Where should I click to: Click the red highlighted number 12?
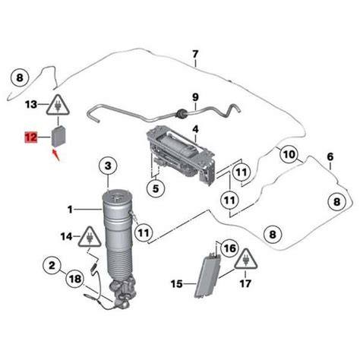[x=31, y=138]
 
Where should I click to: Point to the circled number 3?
[x=108, y=166]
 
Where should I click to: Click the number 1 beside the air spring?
[x=71, y=210]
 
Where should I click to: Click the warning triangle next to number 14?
[x=90, y=238]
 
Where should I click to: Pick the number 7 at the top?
[x=194, y=55]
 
